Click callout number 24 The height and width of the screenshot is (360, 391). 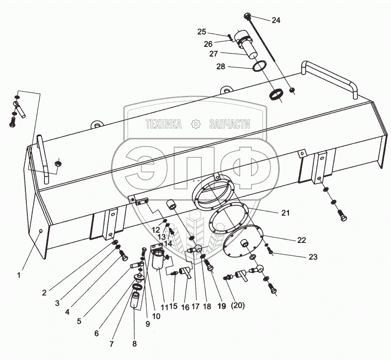[276, 20]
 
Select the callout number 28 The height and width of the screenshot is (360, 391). [221, 66]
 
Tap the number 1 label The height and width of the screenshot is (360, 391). [19, 275]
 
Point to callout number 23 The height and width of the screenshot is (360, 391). [313, 257]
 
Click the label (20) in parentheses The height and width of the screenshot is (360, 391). [238, 305]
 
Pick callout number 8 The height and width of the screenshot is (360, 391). [134, 344]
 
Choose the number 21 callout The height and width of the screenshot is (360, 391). [285, 213]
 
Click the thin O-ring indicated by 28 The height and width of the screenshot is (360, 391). [260, 66]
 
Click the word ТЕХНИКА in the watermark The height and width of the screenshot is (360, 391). [164, 124]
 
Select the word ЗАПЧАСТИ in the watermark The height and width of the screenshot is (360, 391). [229, 124]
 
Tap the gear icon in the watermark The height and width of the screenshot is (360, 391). [195, 124]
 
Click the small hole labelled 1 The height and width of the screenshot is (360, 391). [41, 231]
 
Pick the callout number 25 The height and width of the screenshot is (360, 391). [202, 32]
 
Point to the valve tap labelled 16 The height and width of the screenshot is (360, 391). [186, 272]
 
